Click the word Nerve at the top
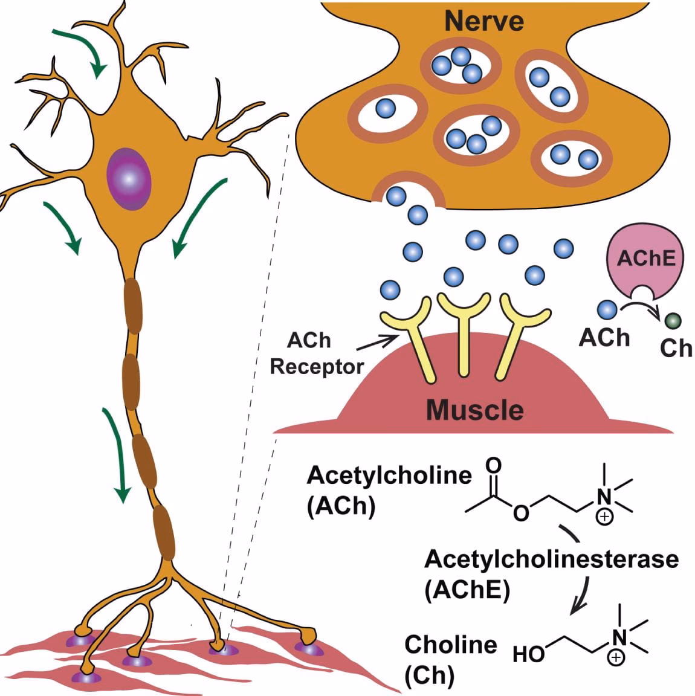pyautogui.click(x=475, y=21)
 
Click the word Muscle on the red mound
pyautogui.click(x=474, y=410)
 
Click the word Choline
pyautogui.click(x=450, y=645)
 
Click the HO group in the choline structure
pyautogui.click(x=529, y=654)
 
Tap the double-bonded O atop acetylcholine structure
pyautogui.click(x=494, y=466)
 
